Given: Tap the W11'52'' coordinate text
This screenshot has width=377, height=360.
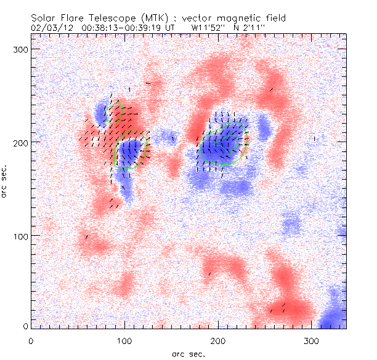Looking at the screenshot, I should [209, 28].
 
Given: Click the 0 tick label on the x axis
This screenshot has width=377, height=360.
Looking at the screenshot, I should [31, 340].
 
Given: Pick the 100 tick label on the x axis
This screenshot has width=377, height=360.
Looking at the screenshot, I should [125, 340].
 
